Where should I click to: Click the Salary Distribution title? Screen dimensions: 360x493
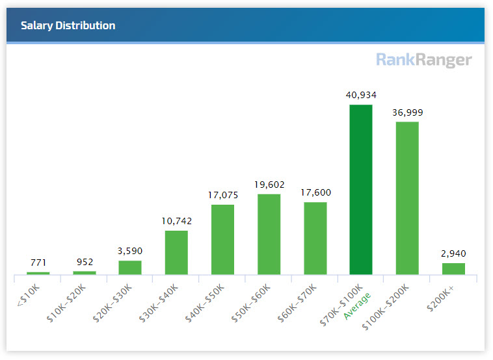click(68, 26)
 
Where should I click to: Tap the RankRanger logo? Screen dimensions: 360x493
click(424, 60)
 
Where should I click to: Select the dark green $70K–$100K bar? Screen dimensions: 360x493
click(361, 189)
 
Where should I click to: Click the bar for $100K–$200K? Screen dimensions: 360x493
click(407, 198)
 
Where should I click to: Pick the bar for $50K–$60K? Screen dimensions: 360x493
click(269, 234)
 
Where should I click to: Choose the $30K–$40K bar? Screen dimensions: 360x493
click(176, 252)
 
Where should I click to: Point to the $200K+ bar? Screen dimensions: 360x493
click(453, 268)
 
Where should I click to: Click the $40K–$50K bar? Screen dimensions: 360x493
click(222, 239)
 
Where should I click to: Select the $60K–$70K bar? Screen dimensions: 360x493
click(315, 238)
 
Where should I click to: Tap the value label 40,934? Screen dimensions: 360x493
click(361, 95)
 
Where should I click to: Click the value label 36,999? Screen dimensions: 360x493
click(407, 112)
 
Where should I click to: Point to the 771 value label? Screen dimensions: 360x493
click(38, 263)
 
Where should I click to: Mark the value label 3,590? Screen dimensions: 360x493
click(130, 251)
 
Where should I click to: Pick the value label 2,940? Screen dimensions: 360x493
click(453, 253)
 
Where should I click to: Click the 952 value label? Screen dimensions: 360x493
click(84, 262)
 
